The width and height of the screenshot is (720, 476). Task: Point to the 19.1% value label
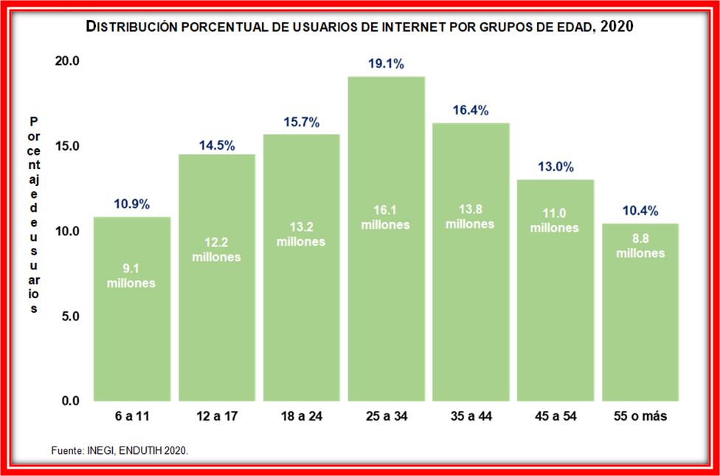click(386, 64)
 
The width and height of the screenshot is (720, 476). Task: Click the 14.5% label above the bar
click(217, 145)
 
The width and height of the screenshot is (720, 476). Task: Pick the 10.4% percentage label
click(640, 211)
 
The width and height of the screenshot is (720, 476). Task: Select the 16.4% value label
click(471, 111)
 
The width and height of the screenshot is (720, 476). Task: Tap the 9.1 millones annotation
click(131, 276)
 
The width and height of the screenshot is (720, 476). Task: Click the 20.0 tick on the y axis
click(67, 61)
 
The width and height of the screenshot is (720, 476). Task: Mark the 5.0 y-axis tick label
click(70, 317)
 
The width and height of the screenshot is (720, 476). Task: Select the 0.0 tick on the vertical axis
click(70, 401)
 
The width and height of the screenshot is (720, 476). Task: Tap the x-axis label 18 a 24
click(301, 417)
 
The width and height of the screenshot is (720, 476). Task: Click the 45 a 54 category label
click(555, 417)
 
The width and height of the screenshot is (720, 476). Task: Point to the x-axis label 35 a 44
click(471, 417)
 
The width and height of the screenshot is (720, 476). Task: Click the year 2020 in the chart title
click(617, 27)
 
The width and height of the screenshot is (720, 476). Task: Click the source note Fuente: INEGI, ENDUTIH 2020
click(120, 450)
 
